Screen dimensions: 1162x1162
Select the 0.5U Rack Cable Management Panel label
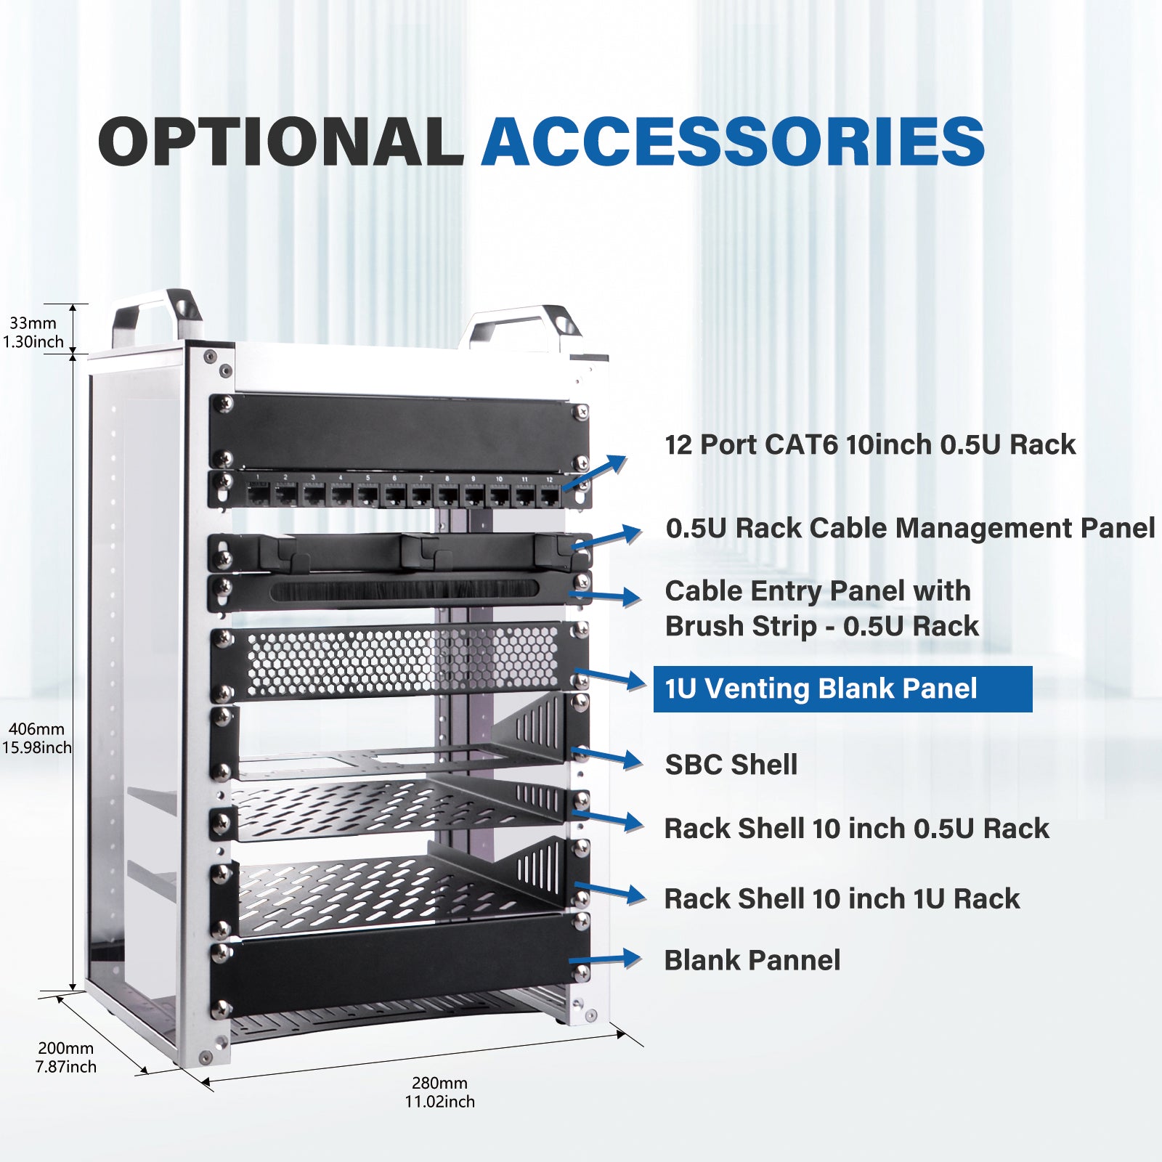[909, 528]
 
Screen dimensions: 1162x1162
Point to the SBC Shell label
[731, 764]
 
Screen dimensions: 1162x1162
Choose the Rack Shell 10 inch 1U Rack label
[841, 898]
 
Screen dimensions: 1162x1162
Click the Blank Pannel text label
[752, 960]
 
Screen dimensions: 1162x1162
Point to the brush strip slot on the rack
[404, 590]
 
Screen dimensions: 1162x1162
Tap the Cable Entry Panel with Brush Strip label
[821, 608]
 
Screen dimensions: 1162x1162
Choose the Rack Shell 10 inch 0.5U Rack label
[856, 828]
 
